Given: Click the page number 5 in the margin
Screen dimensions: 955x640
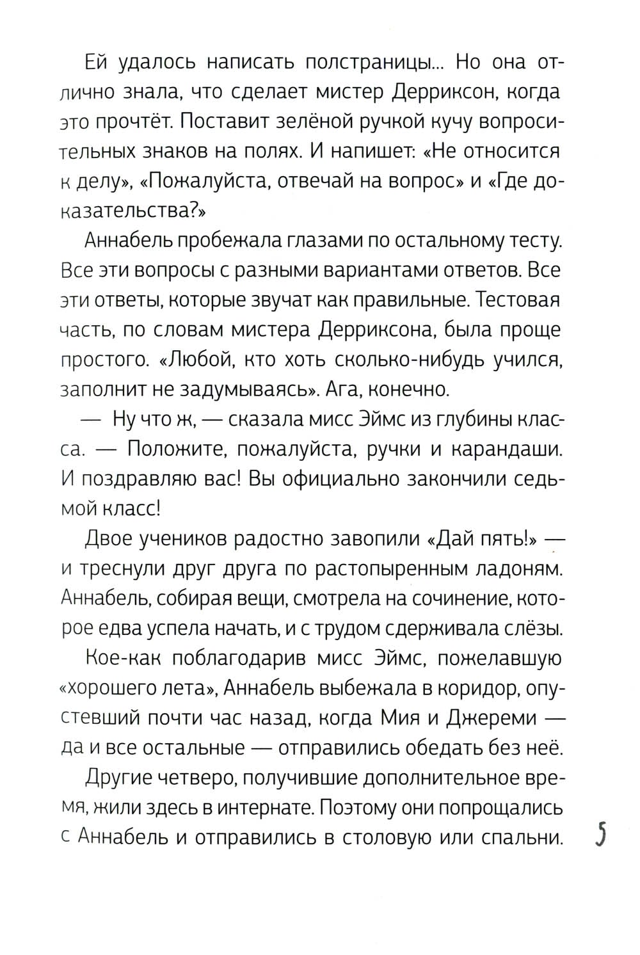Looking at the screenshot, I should tap(600, 836).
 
